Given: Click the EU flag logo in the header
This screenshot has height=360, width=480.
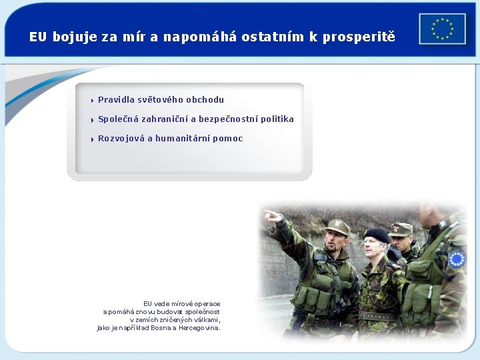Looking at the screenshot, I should (442, 29).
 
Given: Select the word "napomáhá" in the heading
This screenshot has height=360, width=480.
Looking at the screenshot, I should (193, 37).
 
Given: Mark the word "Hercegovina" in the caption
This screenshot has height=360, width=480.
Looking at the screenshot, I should (197, 328).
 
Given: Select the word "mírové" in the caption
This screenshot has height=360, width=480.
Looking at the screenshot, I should (183, 304).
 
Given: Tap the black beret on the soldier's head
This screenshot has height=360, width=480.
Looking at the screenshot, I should (377, 234).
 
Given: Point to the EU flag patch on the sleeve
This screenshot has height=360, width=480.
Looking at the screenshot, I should (457, 259).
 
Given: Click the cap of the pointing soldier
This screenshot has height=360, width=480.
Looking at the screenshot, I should (337, 227).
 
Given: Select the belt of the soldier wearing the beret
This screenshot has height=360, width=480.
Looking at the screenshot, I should (379, 317).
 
